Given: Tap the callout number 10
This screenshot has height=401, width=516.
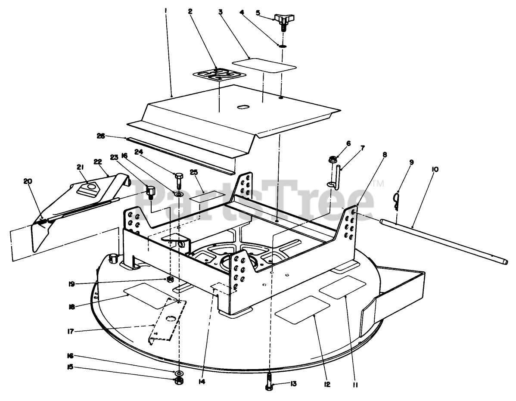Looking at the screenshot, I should coord(434,170).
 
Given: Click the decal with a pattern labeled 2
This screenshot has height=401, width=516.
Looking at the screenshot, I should coord(219,75).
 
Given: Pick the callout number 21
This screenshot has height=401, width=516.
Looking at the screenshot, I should coord(80,167).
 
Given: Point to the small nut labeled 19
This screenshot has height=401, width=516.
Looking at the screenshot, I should coord(171,280).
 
